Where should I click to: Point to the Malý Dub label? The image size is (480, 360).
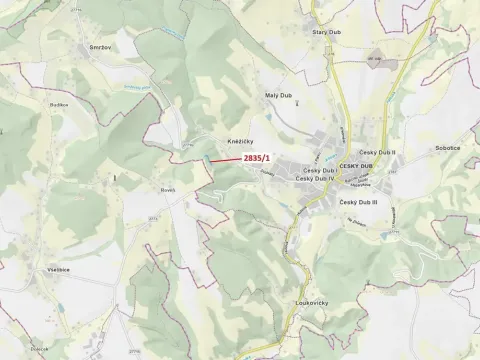coord(277,95)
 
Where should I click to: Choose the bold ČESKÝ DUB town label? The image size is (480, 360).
coord(355,165)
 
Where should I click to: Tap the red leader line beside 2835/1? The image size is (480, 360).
coord(225,160)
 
